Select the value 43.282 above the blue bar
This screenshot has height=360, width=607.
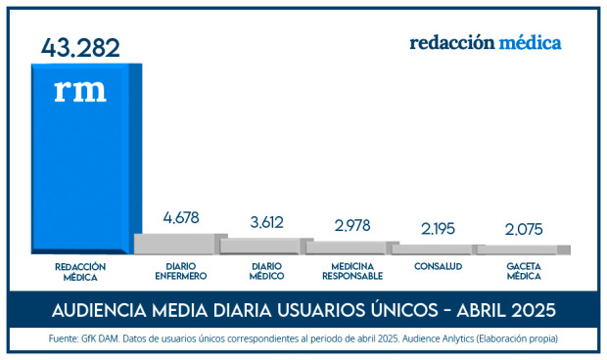pyautogui.click(x=80, y=47)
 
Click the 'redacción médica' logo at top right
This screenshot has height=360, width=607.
pyautogui.click(x=485, y=43)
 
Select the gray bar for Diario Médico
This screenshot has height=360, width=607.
pyautogui.click(x=265, y=247)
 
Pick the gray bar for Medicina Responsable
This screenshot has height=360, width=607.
pyautogui.click(x=350, y=248)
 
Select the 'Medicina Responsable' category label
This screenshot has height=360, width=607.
pyautogui.click(x=351, y=271)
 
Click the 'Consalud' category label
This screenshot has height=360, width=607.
pyautogui.click(x=438, y=266)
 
